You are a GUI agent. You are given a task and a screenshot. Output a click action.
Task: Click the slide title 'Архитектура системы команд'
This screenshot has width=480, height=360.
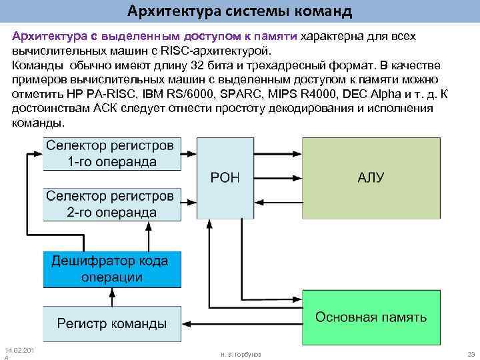point(240,11)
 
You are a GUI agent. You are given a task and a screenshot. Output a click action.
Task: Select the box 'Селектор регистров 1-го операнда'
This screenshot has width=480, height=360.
point(111,153)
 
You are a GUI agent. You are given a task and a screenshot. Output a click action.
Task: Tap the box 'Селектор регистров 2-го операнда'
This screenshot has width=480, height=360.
point(111,204)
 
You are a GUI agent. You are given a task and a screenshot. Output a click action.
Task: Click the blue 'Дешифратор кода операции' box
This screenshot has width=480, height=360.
point(111,269)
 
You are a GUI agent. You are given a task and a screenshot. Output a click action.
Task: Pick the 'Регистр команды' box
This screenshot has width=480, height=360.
point(111,323)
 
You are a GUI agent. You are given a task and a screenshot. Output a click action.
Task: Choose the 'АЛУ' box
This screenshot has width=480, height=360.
point(371,177)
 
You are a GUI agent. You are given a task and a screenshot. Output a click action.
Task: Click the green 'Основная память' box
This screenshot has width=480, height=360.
point(371,317)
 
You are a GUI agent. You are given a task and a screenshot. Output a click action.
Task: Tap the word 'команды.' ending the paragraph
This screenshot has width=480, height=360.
point(39,124)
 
